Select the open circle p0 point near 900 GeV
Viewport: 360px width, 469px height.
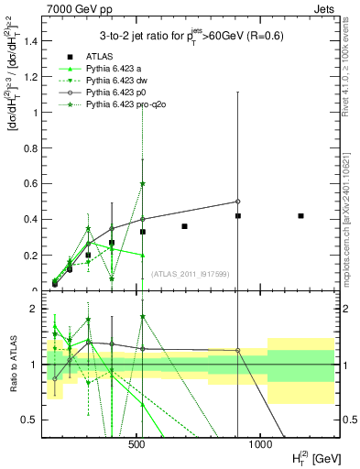(x=237, y=202)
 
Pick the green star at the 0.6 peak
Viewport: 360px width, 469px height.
(x=143, y=183)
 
